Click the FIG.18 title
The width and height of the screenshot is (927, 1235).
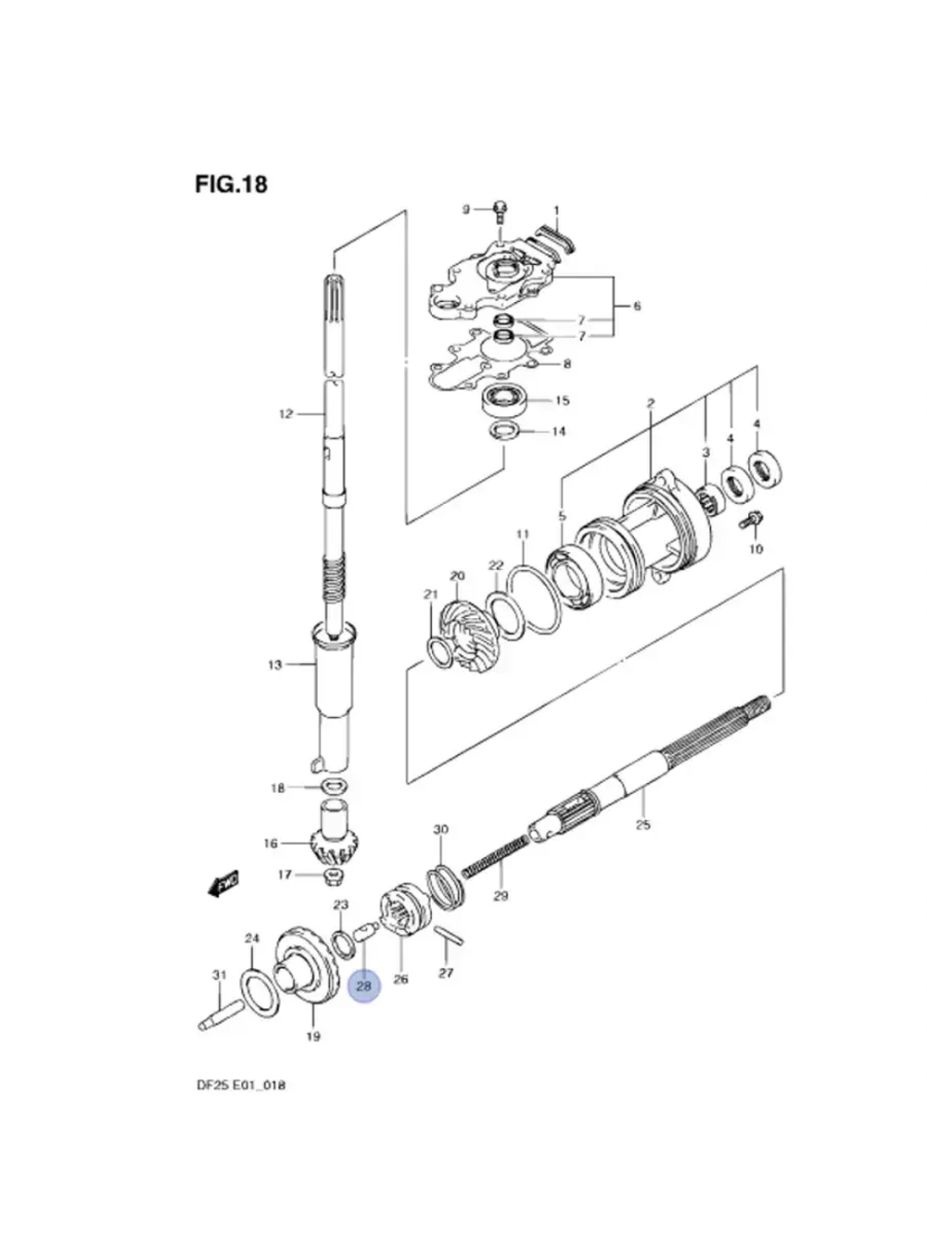(231, 184)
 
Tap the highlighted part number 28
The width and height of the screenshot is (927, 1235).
(363, 986)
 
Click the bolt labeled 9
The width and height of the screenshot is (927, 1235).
(501, 211)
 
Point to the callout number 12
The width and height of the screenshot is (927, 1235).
(286, 414)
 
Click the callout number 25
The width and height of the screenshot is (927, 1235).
(642, 824)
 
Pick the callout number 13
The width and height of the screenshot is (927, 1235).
(274, 664)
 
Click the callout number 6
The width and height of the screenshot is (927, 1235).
(637, 306)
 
